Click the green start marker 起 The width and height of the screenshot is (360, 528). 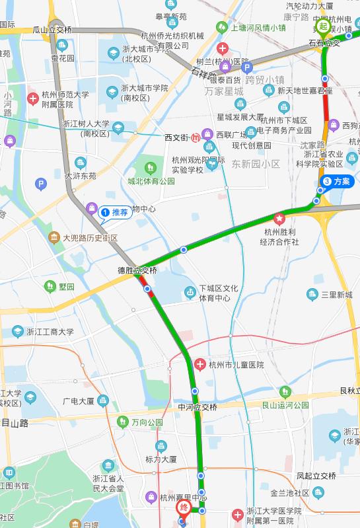(323, 27)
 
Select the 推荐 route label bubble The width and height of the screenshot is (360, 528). (116, 213)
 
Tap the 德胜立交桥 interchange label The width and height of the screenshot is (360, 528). (137, 270)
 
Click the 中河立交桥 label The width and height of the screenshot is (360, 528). (197, 406)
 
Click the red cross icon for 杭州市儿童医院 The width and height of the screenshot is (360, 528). (200, 365)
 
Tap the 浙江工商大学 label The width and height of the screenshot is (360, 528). (50, 332)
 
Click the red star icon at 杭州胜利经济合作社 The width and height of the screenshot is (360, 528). (279, 219)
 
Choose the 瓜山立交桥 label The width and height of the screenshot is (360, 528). (52, 30)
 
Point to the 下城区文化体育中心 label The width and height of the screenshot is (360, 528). (219, 293)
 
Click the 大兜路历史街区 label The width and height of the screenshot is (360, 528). (89, 237)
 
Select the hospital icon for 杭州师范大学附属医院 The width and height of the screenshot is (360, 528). (32, 98)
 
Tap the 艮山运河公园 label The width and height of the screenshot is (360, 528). (285, 405)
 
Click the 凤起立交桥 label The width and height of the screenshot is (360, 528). (316, 475)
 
